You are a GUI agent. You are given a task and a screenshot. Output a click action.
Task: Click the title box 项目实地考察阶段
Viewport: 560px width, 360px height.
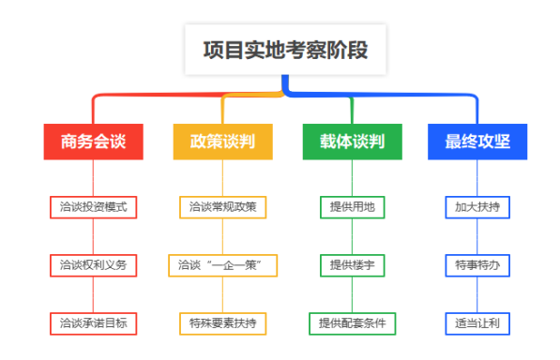[x=283, y=50]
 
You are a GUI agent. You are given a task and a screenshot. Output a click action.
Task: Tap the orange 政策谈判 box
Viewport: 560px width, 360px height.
[x=222, y=142]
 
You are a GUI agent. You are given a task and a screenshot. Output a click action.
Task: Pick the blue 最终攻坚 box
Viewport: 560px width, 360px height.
[x=477, y=142]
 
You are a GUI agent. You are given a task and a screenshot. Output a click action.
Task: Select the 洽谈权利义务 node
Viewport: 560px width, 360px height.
[x=93, y=265]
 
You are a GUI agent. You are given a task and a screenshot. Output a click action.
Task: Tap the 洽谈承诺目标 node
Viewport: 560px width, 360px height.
[x=93, y=323]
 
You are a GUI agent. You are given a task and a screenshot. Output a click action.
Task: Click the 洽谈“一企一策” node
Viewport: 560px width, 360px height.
[x=222, y=265]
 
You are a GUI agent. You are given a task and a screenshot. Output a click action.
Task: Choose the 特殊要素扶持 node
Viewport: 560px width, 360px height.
[x=222, y=323]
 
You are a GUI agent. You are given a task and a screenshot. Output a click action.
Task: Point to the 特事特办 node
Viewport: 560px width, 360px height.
[x=477, y=265]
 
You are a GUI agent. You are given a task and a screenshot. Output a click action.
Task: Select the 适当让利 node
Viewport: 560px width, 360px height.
[x=477, y=323]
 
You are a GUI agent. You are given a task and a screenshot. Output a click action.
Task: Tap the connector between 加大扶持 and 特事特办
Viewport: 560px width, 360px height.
[x=477, y=236]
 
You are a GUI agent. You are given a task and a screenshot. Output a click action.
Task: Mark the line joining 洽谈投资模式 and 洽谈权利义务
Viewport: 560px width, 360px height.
[x=93, y=236]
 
